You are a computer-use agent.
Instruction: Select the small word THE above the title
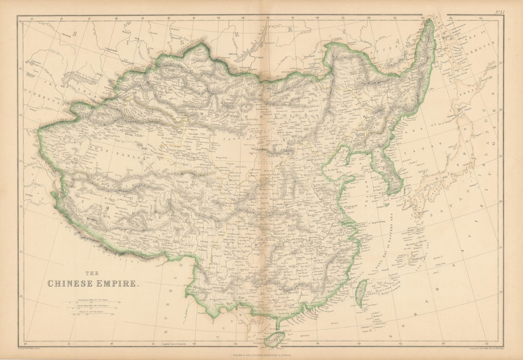tap(92, 273)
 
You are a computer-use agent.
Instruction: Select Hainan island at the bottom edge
tap(275, 339)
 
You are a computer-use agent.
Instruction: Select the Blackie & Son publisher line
tap(261, 354)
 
